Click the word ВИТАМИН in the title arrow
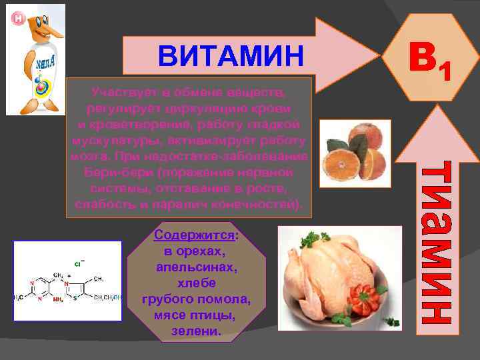(230, 57)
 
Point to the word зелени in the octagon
(195, 329)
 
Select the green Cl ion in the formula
(78, 265)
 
